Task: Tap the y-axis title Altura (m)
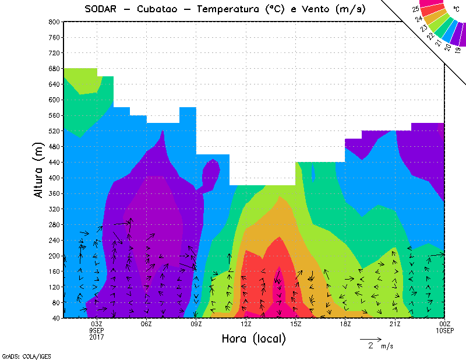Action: point(39,170)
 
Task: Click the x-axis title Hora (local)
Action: point(253,338)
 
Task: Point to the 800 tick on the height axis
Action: point(54,22)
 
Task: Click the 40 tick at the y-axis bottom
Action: point(55,319)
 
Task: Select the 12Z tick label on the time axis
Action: point(246,324)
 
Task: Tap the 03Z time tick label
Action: point(97,324)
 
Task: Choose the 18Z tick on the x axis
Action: point(345,324)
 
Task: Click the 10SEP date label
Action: point(444,330)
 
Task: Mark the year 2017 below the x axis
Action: point(97,337)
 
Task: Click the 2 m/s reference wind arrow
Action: point(370,338)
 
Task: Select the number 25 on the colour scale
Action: point(415,9)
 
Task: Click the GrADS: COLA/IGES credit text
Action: point(22,355)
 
